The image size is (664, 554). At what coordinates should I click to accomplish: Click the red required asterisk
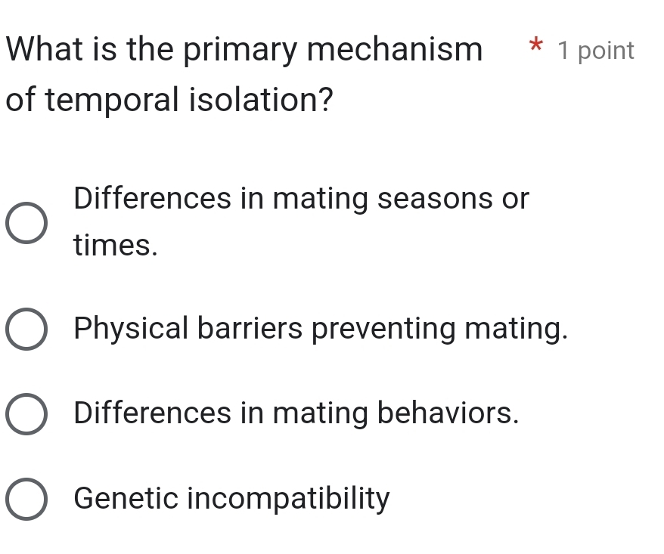tap(535, 45)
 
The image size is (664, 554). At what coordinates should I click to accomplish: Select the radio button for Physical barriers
tap(26, 330)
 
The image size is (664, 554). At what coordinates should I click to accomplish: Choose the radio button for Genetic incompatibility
tap(26, 500)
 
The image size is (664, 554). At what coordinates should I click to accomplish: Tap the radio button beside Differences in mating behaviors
tap(26, 415)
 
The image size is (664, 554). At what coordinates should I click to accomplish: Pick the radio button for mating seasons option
tap(26, 223)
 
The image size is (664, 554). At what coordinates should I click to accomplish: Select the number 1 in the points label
tap(563, 51)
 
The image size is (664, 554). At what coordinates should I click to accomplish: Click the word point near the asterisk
tap(606, 51)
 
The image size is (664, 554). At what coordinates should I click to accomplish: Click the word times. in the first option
tap(116, 246)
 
